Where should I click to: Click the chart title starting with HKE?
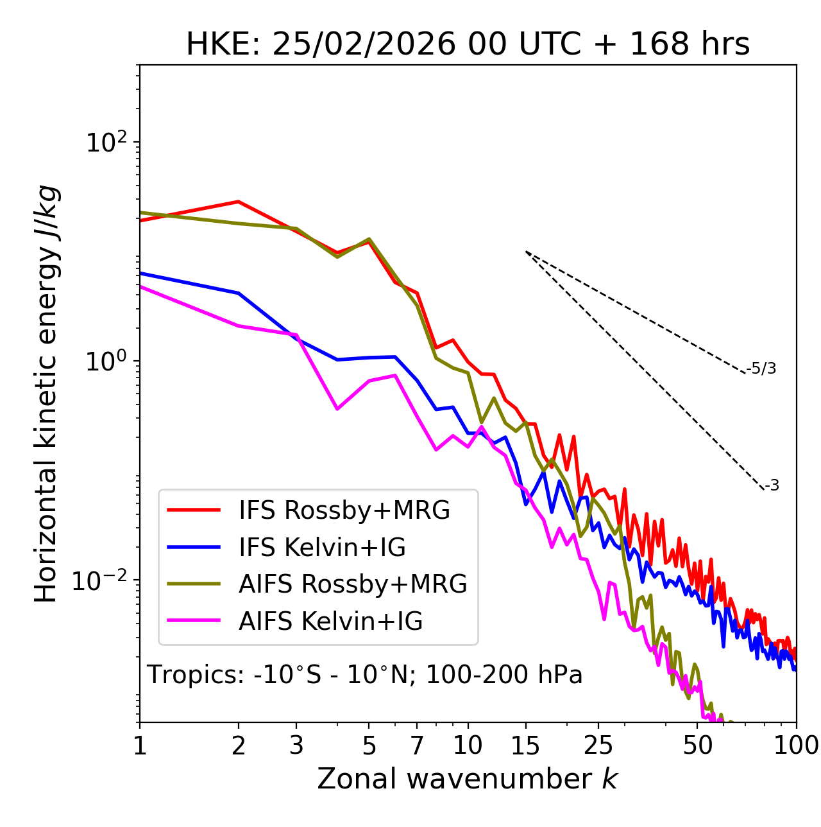tap(468, 45)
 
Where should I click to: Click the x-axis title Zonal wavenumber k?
tap(467, 778)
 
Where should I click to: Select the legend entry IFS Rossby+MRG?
tap(344, 510)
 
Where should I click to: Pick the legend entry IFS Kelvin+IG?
tap(322, 547)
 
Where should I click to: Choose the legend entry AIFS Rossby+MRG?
tap(353, 584)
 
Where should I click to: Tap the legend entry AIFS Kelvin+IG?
tap(330, 622)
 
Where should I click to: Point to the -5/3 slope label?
tap(761, 369)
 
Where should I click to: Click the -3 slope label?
tap(772, 486)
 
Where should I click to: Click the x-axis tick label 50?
tap(697, 745)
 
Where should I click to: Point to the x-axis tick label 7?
tap(417, 745)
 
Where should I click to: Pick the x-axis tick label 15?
tap(525, 745)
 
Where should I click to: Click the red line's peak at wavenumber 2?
tap(239, 202)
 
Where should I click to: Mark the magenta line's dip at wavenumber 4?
tap(337, 408)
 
